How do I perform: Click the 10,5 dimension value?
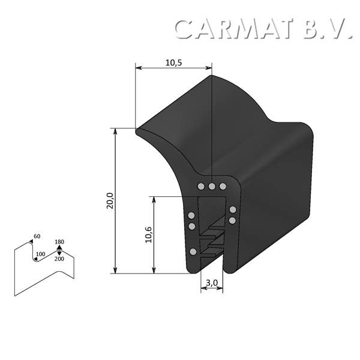point(173,62)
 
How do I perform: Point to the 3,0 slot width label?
point(211,283)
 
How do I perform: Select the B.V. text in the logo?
point(328,29)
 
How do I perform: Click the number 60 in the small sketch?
point(37,236)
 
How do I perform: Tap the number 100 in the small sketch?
point(40,254)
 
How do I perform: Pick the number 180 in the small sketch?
point(59,242)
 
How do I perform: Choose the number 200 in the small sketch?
point(59,259)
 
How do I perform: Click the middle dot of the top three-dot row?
point(212,187)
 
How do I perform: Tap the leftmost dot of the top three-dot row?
point(201,187)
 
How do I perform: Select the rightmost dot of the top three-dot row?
point(223,187)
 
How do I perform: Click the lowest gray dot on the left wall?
point(193,251)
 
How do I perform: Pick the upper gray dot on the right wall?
point(232,210)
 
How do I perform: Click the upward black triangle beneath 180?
point(59,248)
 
